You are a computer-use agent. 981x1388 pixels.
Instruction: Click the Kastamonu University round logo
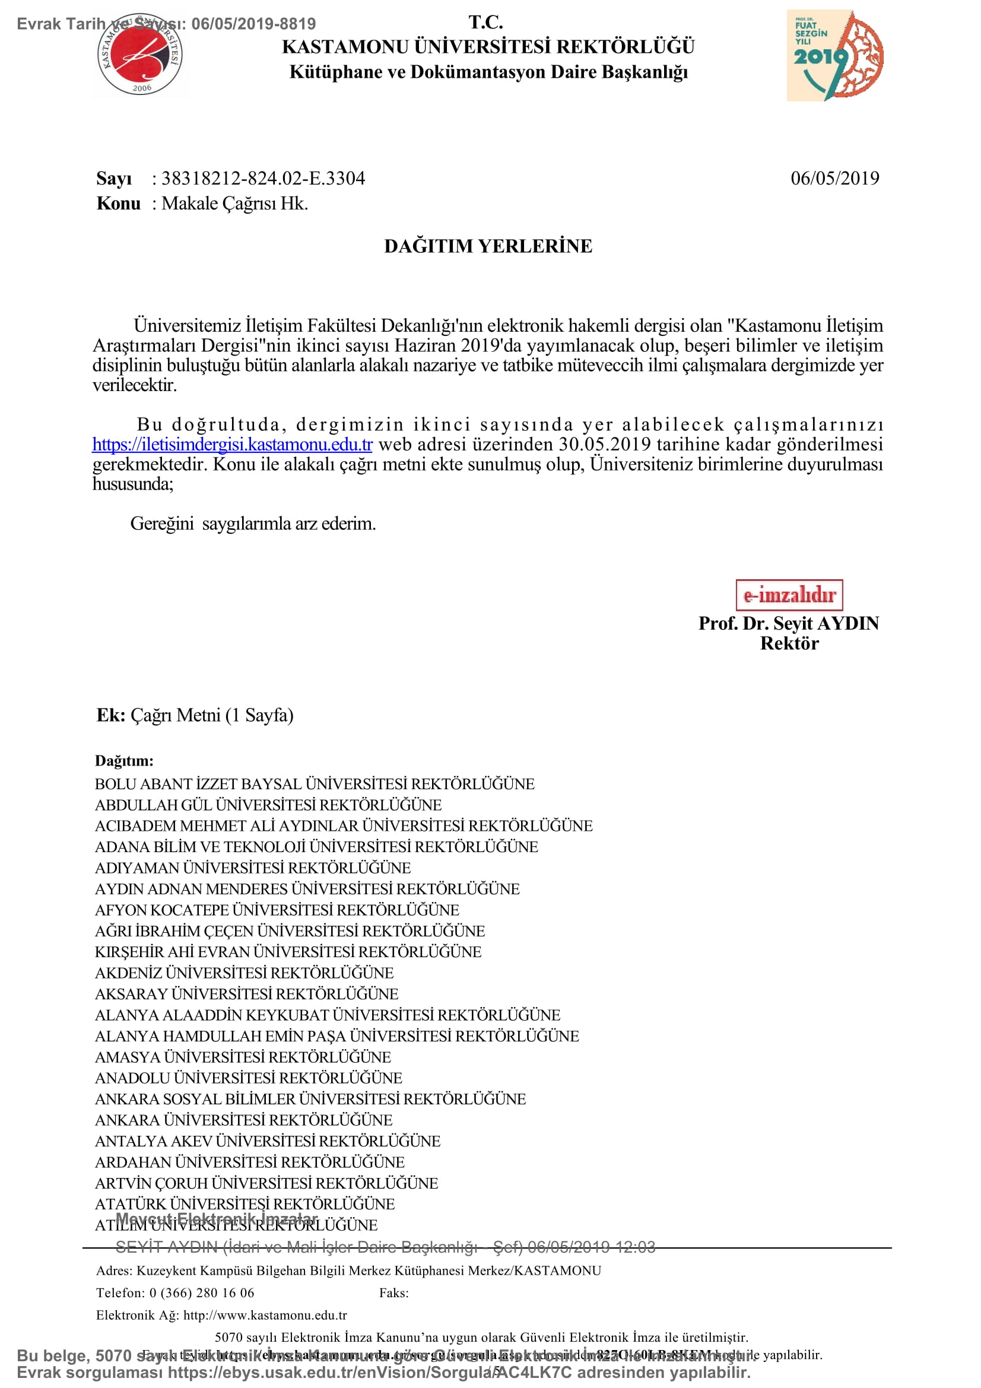tap(141, 56)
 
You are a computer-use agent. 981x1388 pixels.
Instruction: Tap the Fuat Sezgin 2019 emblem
tap(835, 56)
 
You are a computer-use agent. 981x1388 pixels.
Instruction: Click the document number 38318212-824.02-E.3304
tap(263, 179)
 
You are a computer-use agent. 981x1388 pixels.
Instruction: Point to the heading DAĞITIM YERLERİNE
tap(488, 246)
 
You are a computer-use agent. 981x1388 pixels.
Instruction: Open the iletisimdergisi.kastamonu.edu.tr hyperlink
tap(232, 444)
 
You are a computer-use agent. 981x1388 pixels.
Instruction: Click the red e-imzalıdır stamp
tap(789, 595)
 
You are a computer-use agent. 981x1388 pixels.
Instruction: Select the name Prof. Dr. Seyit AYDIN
tap(789, 623)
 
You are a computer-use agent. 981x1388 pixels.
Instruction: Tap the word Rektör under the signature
tap(789, 643)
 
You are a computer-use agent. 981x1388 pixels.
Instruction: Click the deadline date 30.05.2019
tap(604, 444)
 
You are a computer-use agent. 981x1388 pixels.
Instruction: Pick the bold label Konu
tap(119, 203)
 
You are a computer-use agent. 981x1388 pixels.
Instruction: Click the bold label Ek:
tap(110, 715)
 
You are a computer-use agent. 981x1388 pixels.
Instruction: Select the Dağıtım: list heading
tap(125, 761)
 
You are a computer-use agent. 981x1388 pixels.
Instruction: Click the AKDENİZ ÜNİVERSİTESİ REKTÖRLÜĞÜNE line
tap(244, 973)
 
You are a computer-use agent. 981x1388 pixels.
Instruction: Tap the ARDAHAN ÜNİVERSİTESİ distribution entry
tap(250, 1162)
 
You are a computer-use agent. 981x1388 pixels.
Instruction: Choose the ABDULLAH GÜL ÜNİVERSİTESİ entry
tap(268, 805)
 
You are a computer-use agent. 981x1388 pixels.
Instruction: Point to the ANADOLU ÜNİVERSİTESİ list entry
tap(249, 1078)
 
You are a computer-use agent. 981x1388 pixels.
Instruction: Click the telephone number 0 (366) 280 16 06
tap(202, 1292)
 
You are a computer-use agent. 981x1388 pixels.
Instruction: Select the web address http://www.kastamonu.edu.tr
tap(265, 1315)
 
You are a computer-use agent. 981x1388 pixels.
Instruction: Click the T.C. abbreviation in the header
tap(486, 23)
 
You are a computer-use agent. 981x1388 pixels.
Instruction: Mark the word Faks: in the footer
tap(394, 1292)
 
